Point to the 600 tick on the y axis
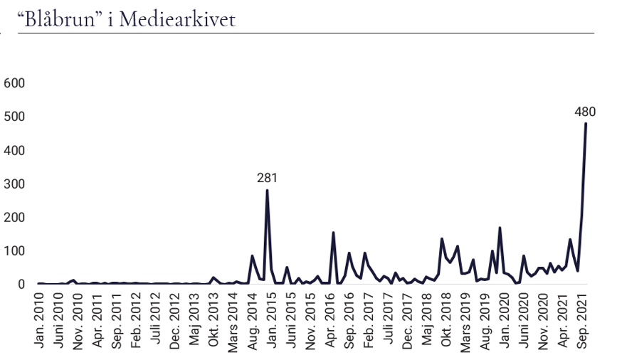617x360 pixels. coord(14,83)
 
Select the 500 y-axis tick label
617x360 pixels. coord(14,117)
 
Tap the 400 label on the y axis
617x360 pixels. coord(14,150)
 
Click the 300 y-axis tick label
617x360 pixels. coord(14,184)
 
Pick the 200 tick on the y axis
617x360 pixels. coord(14,217)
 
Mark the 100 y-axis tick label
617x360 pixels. coord(14,250)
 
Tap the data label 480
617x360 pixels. coord(585,111)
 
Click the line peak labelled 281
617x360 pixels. coord(267,190)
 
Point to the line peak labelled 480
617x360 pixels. coord(586,124)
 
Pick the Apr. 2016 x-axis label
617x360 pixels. coord(329,321)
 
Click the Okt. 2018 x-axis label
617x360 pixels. coord(445,321)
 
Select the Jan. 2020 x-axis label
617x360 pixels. coord(503,321)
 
